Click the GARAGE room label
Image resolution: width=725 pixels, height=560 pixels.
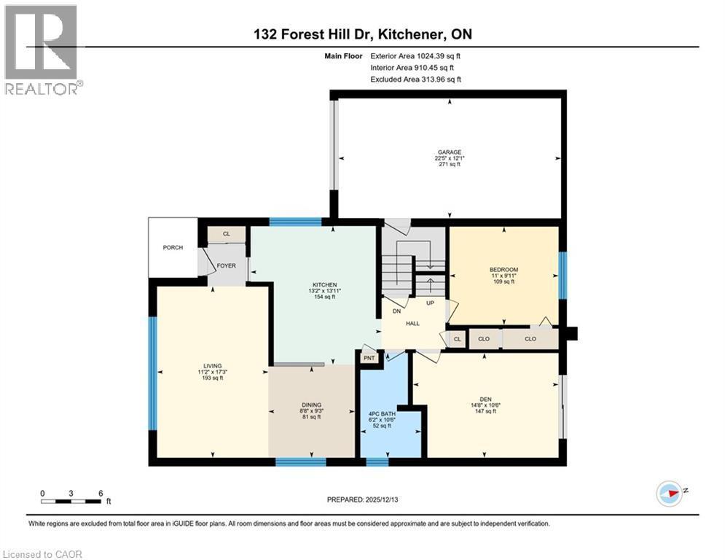click(449, 152)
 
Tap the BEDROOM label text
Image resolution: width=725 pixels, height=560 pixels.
click(503, 270)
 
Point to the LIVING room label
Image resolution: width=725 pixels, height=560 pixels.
click(213, 366)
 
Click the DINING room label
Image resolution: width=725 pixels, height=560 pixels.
click(312, 405)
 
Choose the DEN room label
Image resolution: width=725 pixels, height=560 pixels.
click(485, 399)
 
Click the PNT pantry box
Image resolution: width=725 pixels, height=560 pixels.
click(369, 358)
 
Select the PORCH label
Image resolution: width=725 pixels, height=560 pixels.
click(173, 248)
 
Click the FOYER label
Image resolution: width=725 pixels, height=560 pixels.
click(226, 265)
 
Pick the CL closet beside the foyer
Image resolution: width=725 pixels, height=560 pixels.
click(226, 234)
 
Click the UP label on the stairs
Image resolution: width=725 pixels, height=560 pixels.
click(431, 303)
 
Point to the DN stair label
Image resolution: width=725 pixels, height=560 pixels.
click(397, 311)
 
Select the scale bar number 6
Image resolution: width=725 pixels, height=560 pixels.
click(99, 493)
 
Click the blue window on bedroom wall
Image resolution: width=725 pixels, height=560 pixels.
click(562, 275)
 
